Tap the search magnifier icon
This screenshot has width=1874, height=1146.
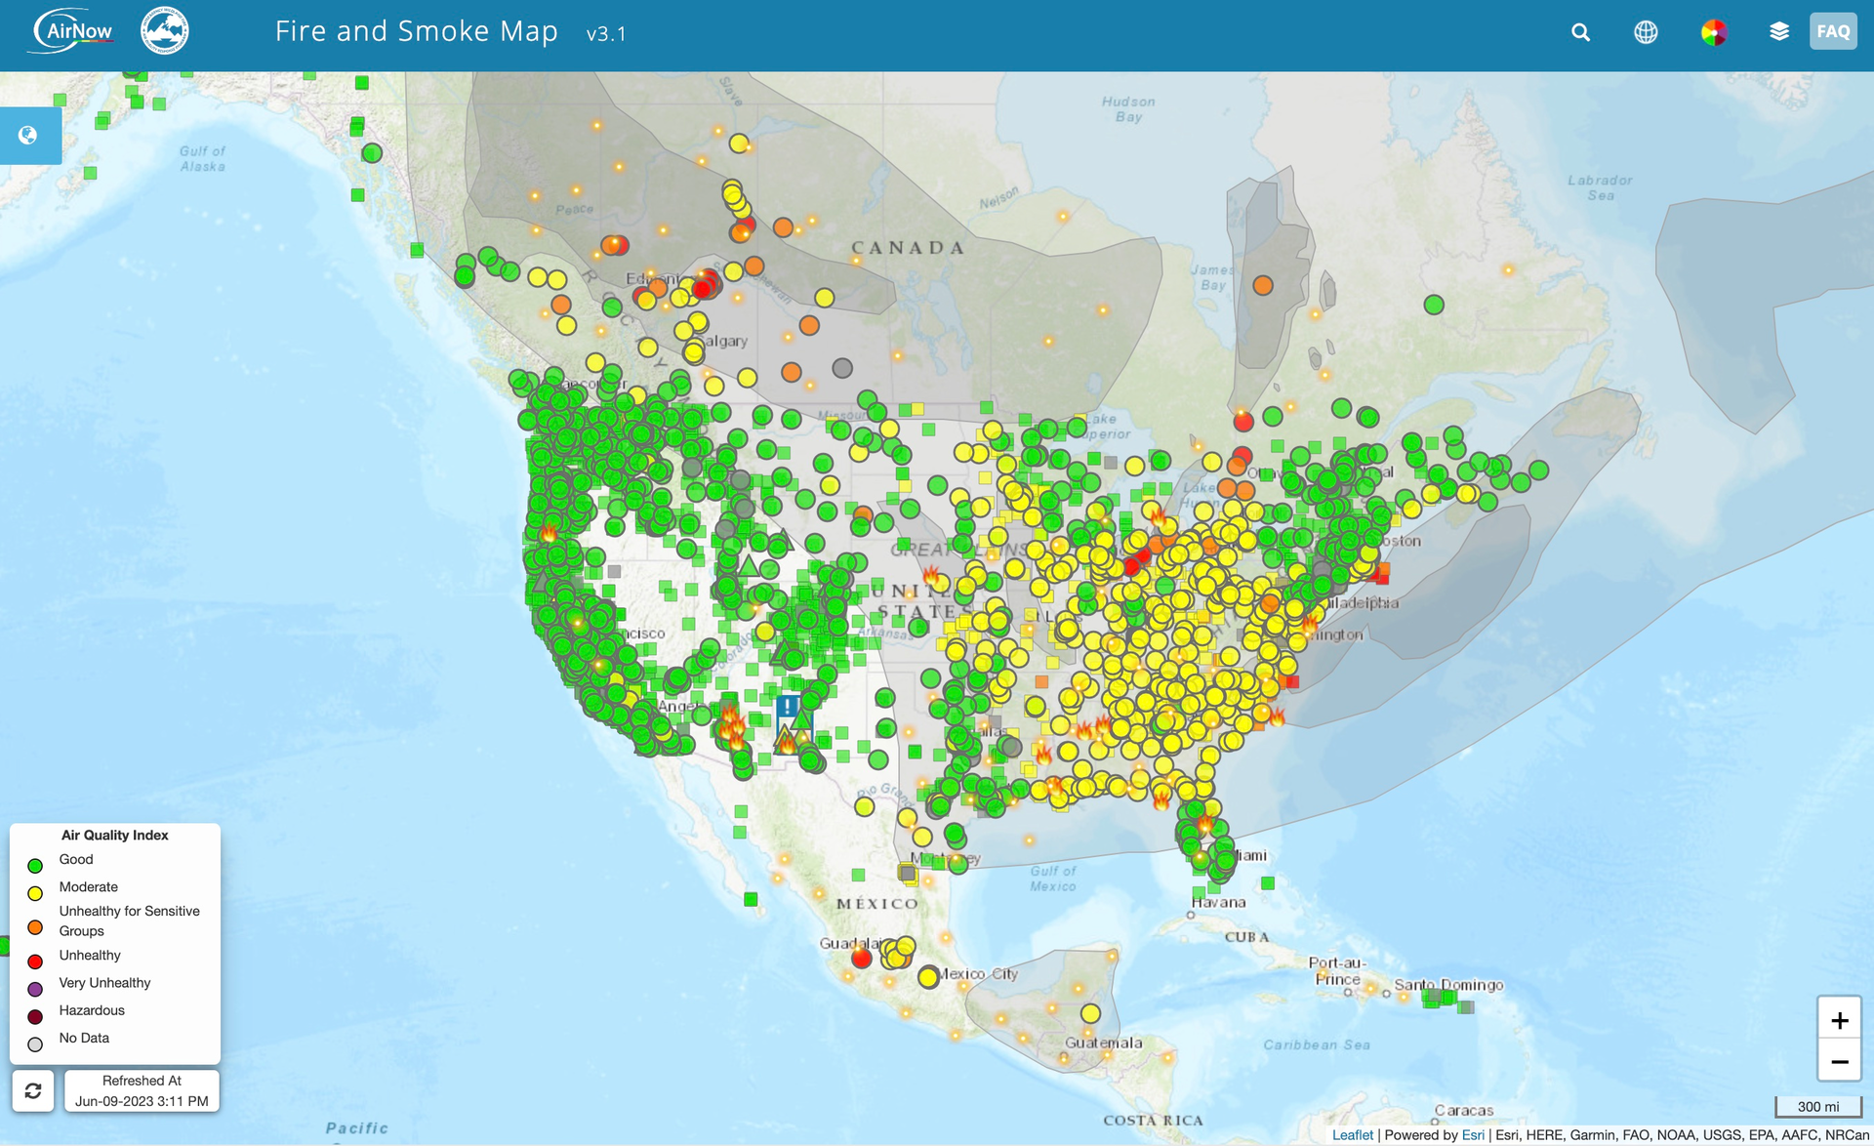tap(1580, 32)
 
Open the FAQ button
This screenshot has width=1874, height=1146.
tap(1832, 31)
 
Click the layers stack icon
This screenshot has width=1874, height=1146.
tap(1778, 32)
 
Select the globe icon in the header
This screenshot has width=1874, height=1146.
tap(1646, 32)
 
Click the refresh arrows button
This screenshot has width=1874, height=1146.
tap(33, 1090)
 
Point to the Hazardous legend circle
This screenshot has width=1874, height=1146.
tap(35, 1017)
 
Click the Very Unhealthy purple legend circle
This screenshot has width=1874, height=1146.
tap(35, 989)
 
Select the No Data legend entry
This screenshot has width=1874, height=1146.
tap(83, 1038)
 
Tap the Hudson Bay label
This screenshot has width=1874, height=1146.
tap(1128, 108)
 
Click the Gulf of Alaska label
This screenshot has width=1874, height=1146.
tap(202, 158)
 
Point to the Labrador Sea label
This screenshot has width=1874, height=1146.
tap(1600, 187)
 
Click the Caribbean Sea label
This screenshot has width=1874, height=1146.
tap(1316, 1044)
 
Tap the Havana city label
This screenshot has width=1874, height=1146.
tap(1217, 902)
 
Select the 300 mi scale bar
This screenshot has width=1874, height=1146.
tap(1817, 1106)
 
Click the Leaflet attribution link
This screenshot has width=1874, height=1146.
tap(1352, 1135)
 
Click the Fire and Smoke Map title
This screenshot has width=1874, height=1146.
tap(416, 31)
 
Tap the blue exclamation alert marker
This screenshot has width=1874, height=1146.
tap(789, 706)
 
